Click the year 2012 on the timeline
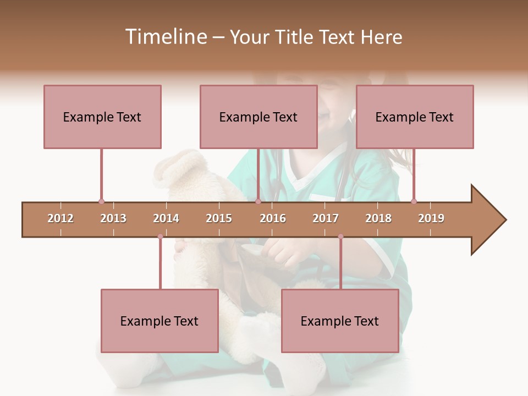coord(61,218)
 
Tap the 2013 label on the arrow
coord(113,218)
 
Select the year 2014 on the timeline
coord(166,218)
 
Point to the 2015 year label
coord(219,218)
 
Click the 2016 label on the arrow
coord(273,218)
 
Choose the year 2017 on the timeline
coord(326,218)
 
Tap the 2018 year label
coord(378,218)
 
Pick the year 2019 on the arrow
coord(431,218)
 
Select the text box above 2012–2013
coord(102,117)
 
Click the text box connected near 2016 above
coord(258,117)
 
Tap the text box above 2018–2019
coord(415,117)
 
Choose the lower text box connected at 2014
coord(159,321)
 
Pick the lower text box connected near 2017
coord(340,321)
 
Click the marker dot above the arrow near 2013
coord(101,201)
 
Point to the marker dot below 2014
coord(160,237)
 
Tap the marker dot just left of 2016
coord(258,201)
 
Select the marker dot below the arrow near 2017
coord(340,237)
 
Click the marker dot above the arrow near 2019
coord(414,201)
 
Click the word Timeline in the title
coord(165,37)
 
